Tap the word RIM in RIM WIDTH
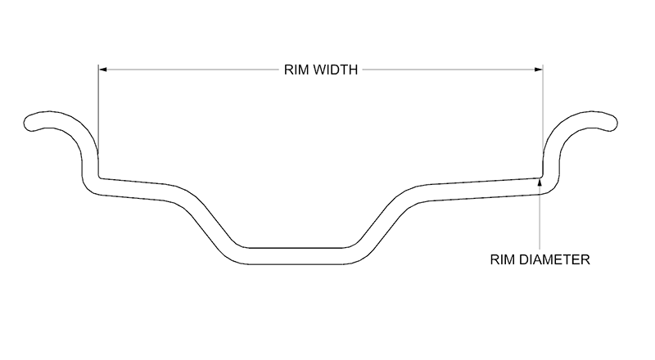(294, 70)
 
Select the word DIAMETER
(554, 259)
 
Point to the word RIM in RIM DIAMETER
(503, 259)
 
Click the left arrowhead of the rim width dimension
(103, 70)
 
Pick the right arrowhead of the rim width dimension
(539, 70)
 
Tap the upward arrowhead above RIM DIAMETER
(540, 182)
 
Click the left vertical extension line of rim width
(98, 121)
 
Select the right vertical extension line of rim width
(543, 121)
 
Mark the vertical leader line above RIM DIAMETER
(540, 217)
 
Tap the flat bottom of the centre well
(296, 256)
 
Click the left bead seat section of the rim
(133, 189)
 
